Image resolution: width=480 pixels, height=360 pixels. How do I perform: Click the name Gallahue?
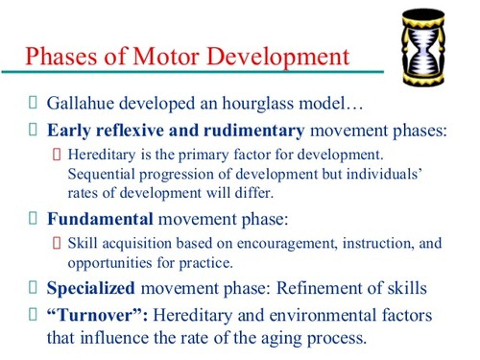[80, 103]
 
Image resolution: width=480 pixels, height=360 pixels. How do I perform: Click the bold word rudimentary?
[254, 130]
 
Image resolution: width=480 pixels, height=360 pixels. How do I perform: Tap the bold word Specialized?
[91, 288]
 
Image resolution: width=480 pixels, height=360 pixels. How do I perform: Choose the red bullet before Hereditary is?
[57, 155]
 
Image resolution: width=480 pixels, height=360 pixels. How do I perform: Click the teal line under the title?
[193, 72]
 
